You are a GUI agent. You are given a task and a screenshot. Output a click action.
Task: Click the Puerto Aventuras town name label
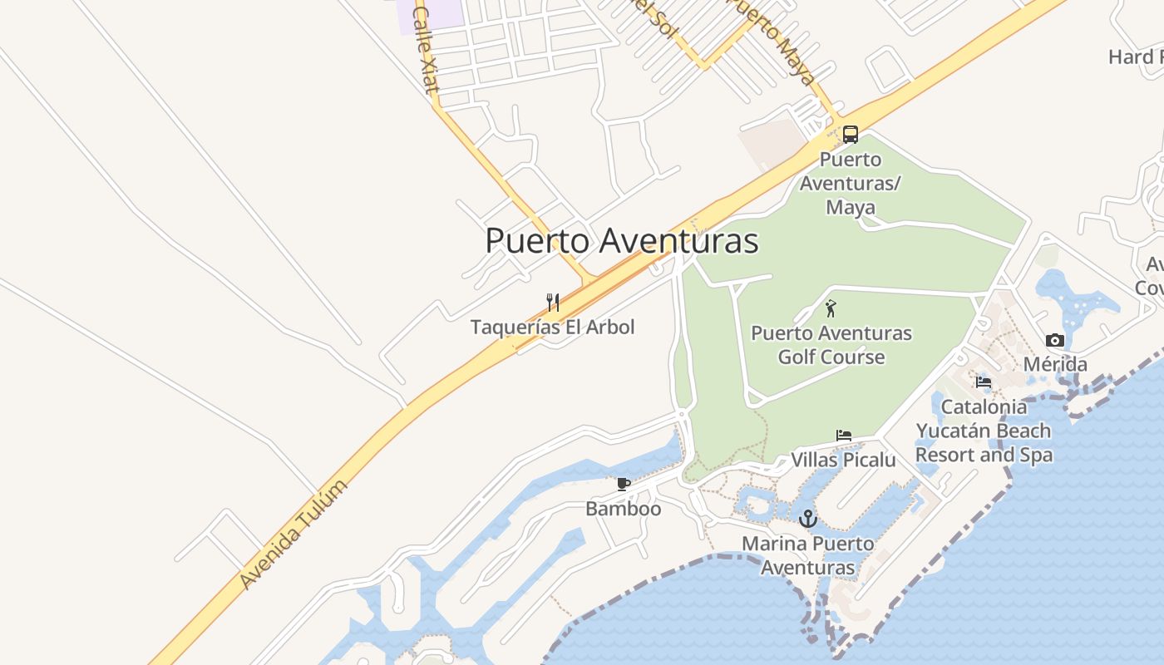pos(622,241)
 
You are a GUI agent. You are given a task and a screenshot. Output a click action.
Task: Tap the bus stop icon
pos(850,134)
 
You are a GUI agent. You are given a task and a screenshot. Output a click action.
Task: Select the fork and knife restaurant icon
pos(552,302)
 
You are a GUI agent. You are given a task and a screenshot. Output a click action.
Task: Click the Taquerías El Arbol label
pos(552,327)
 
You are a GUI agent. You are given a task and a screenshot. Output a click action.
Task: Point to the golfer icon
pos(831,308)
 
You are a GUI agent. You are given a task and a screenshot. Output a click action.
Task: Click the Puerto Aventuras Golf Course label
pos(831,345)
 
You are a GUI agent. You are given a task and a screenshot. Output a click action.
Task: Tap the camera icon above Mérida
pos(1055,340)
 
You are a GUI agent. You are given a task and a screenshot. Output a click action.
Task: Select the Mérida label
pos(1055,364)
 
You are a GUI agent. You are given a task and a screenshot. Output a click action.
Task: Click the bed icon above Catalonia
pos(984,382)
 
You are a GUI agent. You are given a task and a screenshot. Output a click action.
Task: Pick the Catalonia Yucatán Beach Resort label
pos(984,431)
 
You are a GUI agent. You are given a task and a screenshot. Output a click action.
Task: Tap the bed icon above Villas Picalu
pos(843,436)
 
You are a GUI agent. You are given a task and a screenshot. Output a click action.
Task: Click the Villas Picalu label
pos(843,460)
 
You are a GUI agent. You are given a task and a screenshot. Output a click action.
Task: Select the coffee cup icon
pos(623,484)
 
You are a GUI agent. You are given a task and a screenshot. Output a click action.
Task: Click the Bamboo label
pos(624,508)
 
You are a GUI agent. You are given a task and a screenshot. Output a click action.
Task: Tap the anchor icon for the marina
pos(807,520)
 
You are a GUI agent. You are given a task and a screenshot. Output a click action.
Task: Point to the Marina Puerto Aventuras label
pos(808,555)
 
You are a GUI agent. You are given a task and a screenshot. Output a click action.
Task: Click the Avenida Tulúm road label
pos(293,534)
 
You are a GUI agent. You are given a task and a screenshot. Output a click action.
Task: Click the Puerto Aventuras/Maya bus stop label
pos(850,183)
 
